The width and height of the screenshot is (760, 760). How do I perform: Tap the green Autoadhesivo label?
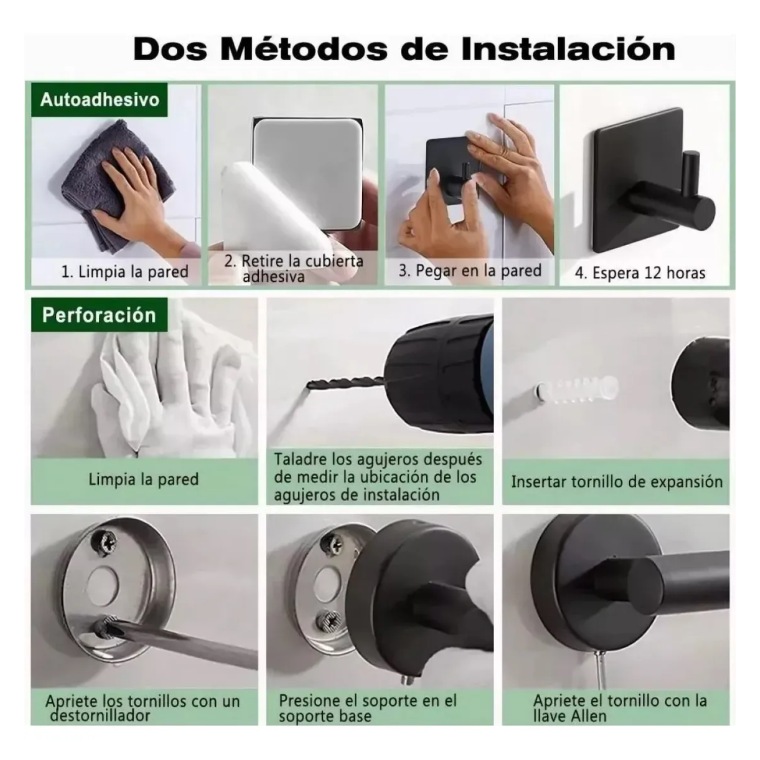(99, 99)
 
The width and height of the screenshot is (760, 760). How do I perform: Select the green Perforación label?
(99, 315)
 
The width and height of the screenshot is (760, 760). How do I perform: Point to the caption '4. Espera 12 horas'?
(640, 273)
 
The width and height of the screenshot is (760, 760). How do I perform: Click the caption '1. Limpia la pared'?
(125, 272)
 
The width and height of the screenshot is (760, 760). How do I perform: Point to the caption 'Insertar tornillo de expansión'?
(617, 481)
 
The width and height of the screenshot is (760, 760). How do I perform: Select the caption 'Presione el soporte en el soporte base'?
(367, 708)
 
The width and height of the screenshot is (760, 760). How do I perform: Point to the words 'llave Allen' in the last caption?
(569, 716)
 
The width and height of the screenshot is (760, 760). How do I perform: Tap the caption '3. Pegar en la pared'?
(470, 271)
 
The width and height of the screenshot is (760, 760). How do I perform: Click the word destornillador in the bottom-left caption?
(100, 716)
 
